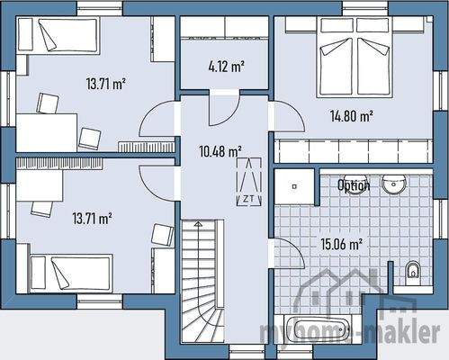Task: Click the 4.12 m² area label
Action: pyautogui.click(x=226, y=66)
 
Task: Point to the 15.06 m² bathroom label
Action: pyautogui.click(x=342, y=243)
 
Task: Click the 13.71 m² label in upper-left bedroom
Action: pyautogui.click(x=105, y=85)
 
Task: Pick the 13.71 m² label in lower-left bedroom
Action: pyautogui.click(x=92, y=218)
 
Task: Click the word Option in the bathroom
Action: pyautogui.click(x=354, y=185)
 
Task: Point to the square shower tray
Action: pyautogui.click(x=295, y=186)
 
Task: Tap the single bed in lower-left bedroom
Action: pyautogui.click(x=70, y=267)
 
